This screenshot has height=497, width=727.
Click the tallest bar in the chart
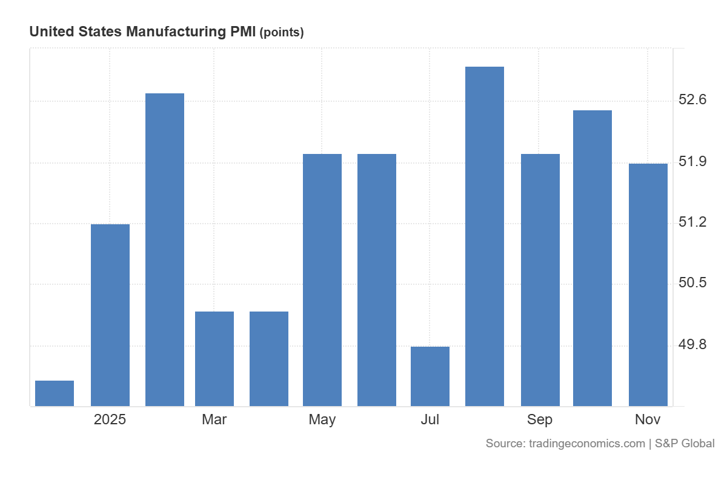pyautogui.click(x=485, y=236)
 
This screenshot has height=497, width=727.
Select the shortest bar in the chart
pyautogui.click(x=55, y=393)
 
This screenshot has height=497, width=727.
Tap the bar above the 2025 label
pyautogui.click(x=110, y=315)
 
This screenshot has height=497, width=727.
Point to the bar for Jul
pyautogui.click(x=430, y=376)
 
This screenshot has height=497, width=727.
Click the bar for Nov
pyautogui.click(x=648, y=285)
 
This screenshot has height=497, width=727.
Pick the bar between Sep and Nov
pyautogui.click(x=593, y=258)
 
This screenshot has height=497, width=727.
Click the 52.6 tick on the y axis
pyautogui.click(x=692, y=100)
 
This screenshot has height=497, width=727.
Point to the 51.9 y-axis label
pyautogui.click(x=692, y=162)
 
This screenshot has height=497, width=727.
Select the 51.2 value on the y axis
pyautogui.click(x=692, y=223)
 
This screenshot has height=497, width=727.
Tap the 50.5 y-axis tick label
pyautogui.click(x=692, y=283)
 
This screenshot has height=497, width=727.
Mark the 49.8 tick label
pyautogui.click(x=692, y=345)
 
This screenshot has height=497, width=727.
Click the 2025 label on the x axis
pyautogui.click(x=110, y=419)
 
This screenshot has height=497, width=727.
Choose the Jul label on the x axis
pyautogui.click(x=430, y=419)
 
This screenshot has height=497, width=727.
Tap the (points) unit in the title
pyautogui.click(x=281, y=33)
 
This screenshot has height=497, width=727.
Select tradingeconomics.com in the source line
pyautogui.click(x=586, y=444)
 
